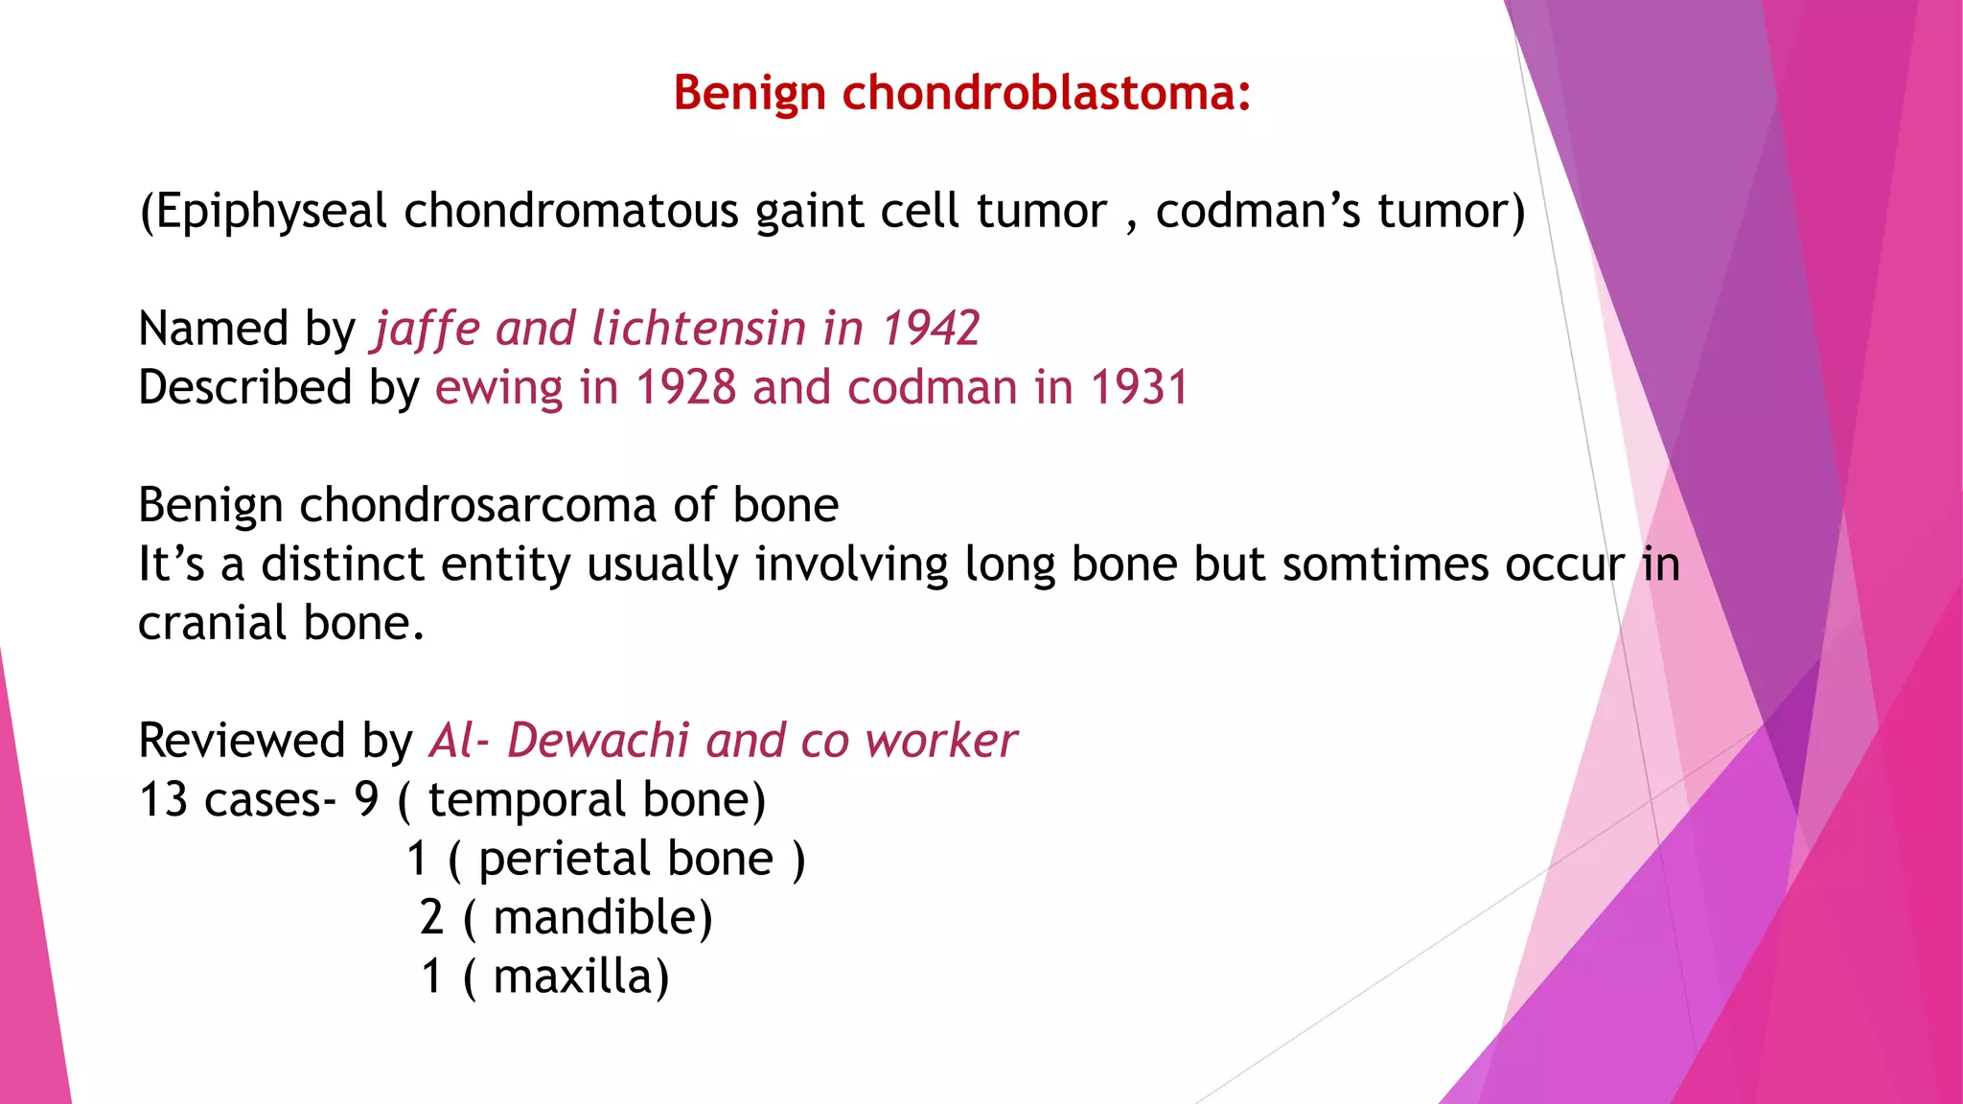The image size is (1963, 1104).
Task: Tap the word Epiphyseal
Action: pos(271,212)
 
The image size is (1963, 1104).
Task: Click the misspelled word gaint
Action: pos(809,212)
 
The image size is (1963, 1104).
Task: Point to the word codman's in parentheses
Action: pos(1258,212)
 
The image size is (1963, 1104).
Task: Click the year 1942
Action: pos(930,329)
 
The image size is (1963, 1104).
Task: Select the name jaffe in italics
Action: pos(426,329)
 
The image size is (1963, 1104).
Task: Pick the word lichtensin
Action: pos(699,329)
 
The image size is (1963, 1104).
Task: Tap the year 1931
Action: pos(1140,388)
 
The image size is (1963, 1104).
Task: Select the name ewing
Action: pos(498,388)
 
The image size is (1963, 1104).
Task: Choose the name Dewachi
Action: pos(598,741)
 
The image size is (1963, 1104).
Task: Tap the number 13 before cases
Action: pos(163,800)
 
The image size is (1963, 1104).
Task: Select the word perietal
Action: pos(626,859)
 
